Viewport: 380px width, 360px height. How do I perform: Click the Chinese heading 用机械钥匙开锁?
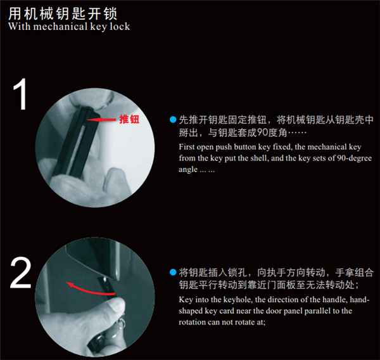[x=63, y=13]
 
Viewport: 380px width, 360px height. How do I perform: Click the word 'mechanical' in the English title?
[x=60, y=27]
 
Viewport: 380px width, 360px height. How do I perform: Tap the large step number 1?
[x=20, y=94]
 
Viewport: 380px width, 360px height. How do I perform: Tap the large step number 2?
[x=21, y=273]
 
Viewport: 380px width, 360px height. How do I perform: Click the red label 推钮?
[x=129, y=119]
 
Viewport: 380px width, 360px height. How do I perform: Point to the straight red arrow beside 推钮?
[x=101, y=119]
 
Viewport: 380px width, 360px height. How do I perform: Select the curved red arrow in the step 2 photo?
[x=90, y=290]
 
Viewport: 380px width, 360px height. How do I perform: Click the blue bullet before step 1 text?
[x=173, y=120]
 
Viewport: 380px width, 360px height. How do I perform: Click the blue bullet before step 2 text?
[x=173, y=272]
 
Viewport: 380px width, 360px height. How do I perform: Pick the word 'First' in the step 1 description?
[x=187, y=147]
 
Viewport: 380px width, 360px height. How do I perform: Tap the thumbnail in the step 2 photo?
[x=117, y=304]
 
